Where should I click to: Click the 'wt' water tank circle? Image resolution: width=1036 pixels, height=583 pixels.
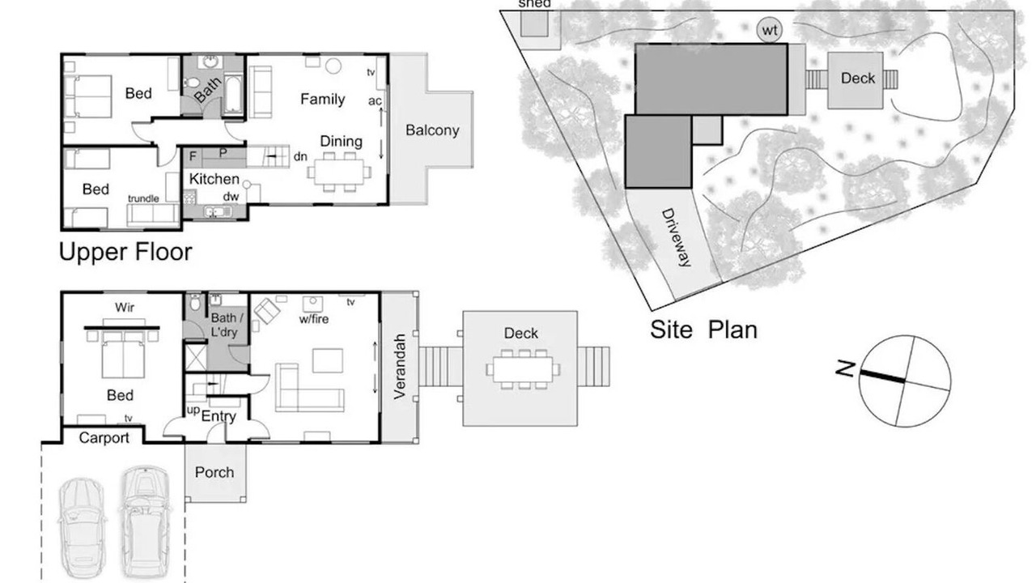(770, 31)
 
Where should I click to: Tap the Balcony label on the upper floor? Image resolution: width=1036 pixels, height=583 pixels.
(432, 130)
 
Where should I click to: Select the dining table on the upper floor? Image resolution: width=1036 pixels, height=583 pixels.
(338, 172)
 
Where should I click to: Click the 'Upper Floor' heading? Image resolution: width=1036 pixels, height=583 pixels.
(125, 252)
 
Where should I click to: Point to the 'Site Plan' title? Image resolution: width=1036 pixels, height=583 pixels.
(703, 330)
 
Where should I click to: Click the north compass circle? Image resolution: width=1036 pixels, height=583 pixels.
(905, 381)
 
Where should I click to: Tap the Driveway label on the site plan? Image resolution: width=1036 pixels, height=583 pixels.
(676, 238)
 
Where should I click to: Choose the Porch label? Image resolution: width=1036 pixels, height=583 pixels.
(214, 472)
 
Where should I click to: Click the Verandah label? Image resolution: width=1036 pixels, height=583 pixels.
(399, 367)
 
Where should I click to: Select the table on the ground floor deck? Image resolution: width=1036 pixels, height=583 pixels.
(523, 370)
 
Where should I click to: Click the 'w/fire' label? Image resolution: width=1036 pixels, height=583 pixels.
(314, 319)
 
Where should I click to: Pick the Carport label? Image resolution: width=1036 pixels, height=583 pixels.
(104, 438)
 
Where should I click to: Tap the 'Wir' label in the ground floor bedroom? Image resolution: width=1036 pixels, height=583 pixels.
(125, 307)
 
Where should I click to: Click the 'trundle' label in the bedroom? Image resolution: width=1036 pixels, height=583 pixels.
(143, 198)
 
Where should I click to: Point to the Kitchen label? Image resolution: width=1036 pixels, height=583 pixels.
(214, 179)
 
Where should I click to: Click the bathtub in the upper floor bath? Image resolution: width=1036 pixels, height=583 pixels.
(232, 96)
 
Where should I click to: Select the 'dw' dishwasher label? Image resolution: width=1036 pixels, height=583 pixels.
(231, 196)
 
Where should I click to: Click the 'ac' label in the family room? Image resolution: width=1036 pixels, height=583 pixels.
(375, 101)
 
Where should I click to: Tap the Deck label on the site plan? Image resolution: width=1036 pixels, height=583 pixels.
(858, 79)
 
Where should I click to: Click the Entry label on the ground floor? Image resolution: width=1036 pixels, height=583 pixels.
(219, 416)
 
